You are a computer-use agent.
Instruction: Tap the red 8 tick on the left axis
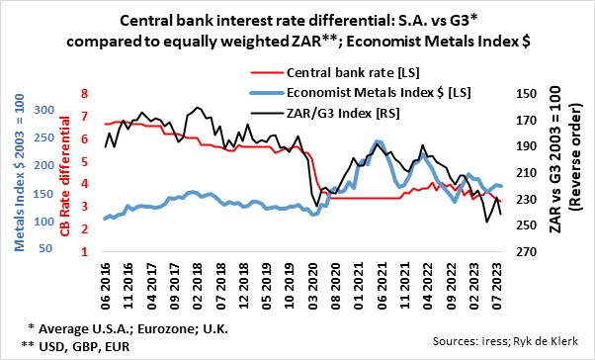coord(84,94)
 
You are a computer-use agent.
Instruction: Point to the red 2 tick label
coord(84,229)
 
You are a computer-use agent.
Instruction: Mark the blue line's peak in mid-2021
coord(380,142)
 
